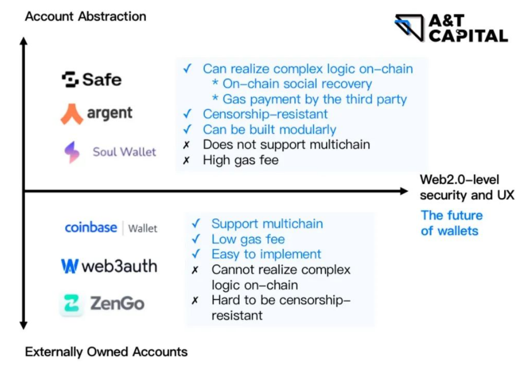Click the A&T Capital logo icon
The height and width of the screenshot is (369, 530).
[409, 27]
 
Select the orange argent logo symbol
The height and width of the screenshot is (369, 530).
[72, 114]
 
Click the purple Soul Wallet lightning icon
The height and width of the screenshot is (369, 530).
[72, 152]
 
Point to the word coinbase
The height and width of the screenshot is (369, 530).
[91, 228]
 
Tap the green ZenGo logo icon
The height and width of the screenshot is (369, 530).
[71, 303]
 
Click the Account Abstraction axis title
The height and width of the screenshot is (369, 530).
[85, 16]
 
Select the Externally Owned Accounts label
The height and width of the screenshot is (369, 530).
[106, 352]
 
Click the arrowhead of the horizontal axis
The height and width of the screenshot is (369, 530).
[404, 191]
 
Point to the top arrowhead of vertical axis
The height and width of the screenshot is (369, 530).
[24, 41]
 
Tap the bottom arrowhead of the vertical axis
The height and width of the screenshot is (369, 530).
[24, 325]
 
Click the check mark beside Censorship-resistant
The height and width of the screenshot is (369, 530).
[187, 114]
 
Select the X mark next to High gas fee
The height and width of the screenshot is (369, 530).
[186, 160]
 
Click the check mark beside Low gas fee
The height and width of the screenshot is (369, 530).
[196, 239]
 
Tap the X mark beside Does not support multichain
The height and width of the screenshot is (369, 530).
[186, 145]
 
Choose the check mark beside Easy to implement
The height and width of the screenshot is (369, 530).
[196, 254]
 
